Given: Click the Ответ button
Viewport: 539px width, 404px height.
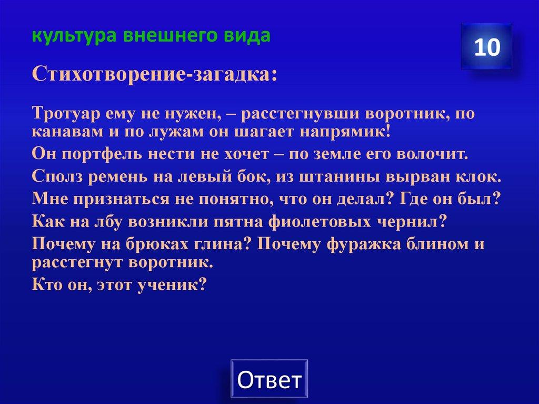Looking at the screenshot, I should tap(269, 379).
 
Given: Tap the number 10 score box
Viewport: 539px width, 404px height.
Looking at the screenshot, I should tap(486, 47).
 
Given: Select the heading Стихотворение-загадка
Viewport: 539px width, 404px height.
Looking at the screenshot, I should tap(155, 74).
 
